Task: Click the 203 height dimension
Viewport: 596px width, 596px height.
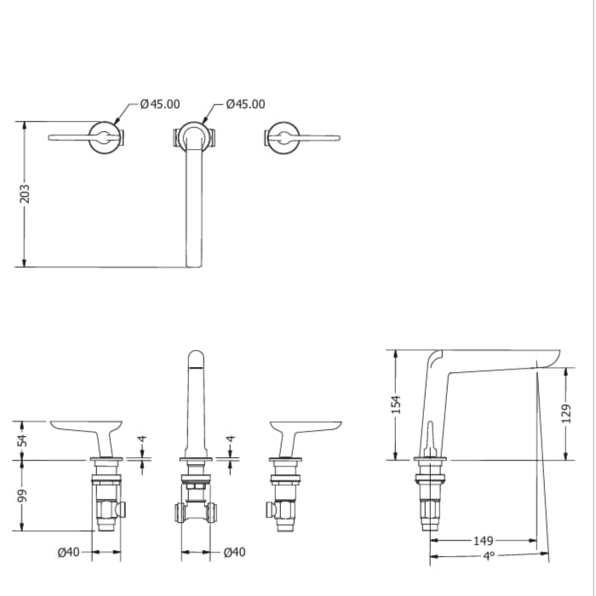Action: [25, 193]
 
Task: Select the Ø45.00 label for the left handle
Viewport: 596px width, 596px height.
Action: [160, 104]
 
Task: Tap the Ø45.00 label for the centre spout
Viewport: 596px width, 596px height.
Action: [245, 104]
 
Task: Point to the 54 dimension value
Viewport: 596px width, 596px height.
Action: [24, 439]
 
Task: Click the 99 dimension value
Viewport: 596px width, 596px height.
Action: [24, 496]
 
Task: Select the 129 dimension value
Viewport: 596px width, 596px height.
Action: [567, 415]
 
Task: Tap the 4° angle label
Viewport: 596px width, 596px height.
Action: [489, 557]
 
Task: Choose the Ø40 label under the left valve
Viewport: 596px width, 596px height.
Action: [69, 553]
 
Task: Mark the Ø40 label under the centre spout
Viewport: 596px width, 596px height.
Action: [235, 553]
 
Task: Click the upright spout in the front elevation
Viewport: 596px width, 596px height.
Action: [195, 400]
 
